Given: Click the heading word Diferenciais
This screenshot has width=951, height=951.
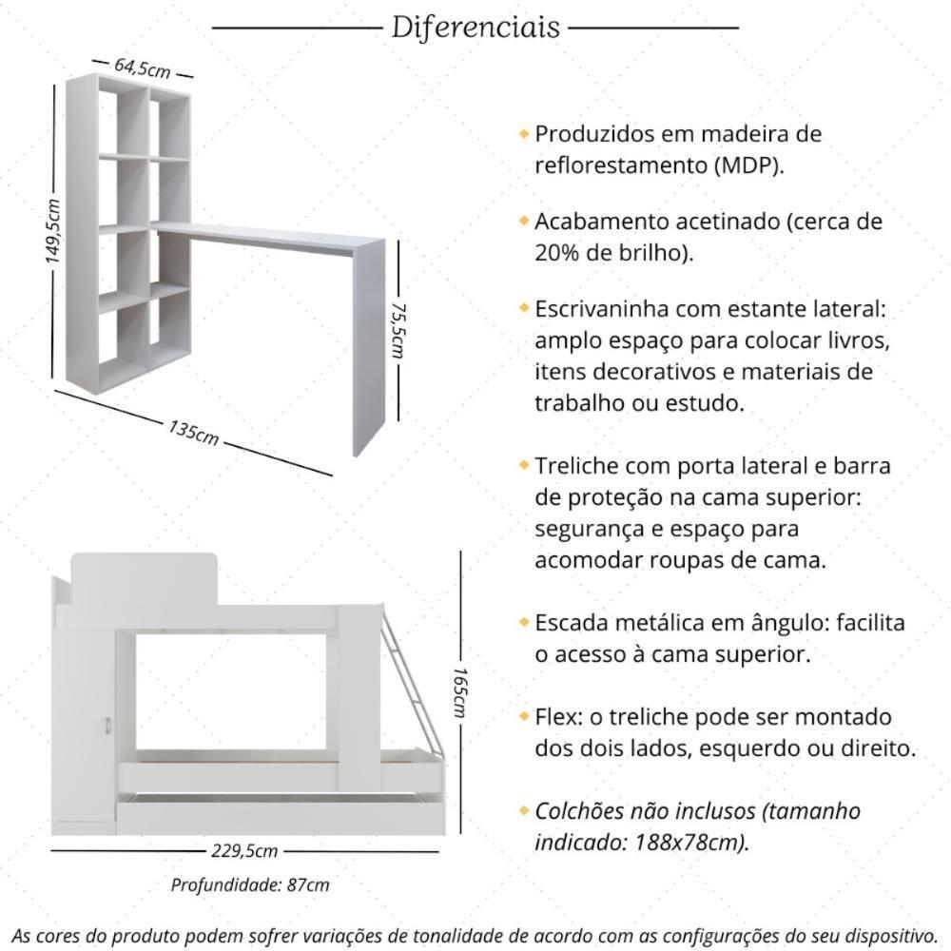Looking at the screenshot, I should point(475,28).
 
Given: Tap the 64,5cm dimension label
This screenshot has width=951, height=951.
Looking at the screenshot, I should point(143,68).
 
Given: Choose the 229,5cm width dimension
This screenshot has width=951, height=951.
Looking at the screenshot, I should point(244,851).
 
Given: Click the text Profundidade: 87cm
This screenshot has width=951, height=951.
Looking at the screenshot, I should point(250,885).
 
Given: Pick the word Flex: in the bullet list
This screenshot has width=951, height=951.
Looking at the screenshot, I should point(559,716).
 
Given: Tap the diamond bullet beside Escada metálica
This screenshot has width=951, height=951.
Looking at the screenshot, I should point(523,622).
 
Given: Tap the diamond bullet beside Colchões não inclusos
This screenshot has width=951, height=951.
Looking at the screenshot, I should point(523,811).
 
